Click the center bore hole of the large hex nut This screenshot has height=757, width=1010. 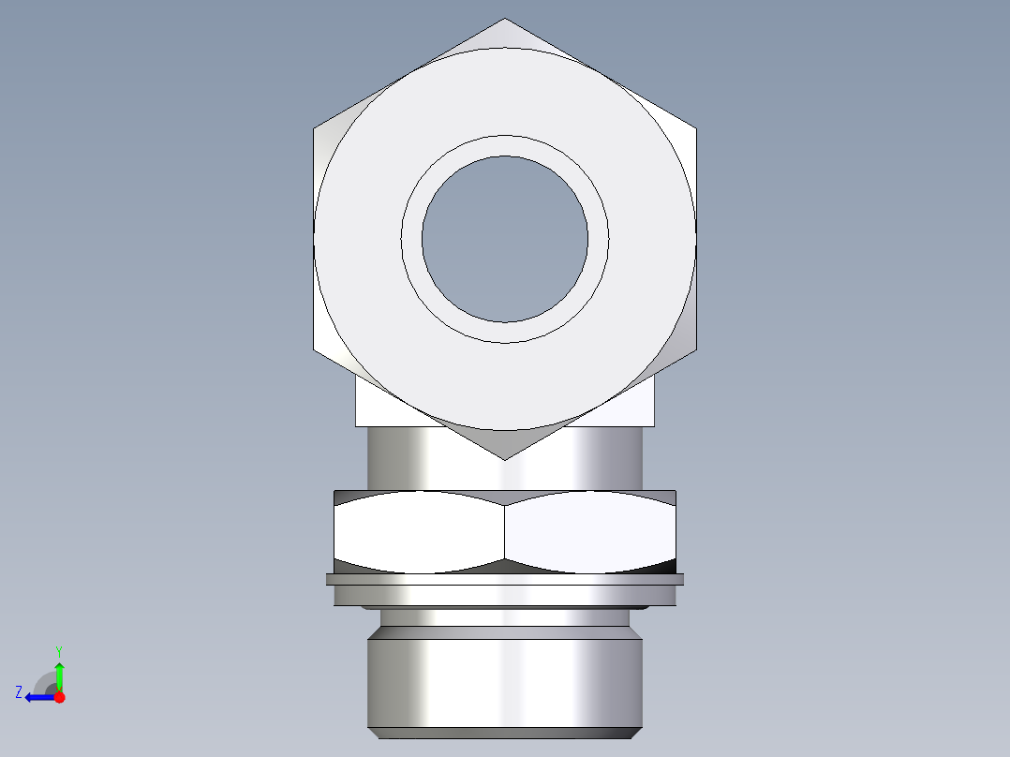[505, 239]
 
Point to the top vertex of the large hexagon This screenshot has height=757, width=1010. [505, 19]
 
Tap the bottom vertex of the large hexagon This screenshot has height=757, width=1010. [505, 459]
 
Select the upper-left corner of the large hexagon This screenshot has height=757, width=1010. [314, 128]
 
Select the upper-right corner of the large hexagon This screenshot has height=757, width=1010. [696, 128]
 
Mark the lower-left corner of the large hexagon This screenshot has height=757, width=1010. [314, 349]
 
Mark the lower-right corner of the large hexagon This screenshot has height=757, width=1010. [696, 349]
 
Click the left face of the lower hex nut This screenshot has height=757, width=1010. [419, 532]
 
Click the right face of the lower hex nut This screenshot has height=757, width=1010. [590, 532]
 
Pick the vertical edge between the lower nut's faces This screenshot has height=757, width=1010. [505, 532]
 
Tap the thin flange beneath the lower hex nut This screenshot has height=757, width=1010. [505, 579]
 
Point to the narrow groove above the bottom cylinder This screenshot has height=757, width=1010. [505, 617]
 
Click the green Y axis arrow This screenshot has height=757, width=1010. [59, 675]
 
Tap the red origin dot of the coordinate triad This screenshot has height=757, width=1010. [59, 697]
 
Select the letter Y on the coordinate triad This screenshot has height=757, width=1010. [59, 650]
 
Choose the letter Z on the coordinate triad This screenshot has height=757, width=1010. [19, 692]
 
